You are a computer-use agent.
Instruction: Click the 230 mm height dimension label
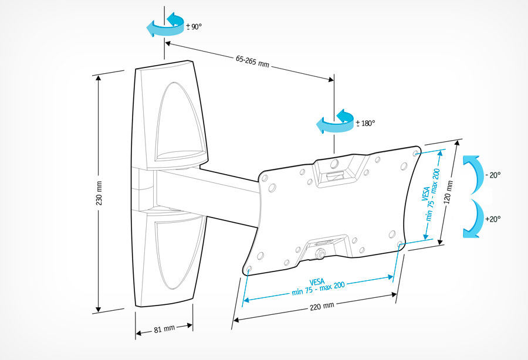[x=99, y=193]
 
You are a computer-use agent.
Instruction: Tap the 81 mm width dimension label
[x=164, y=329]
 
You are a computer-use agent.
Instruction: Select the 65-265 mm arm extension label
[x=252, y=61]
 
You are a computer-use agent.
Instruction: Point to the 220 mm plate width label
[x=322, y=307]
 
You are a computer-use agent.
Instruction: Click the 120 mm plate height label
[x=448, y=192]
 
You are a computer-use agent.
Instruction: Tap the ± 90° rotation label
[x=194, y=26]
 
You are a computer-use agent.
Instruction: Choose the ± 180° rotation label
[x=365, y=123]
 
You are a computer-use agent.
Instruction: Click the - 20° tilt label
[x=493, y=175]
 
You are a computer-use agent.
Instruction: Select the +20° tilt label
[x=493, y=219]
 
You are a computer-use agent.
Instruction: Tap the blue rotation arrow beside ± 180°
[x=335, y=121]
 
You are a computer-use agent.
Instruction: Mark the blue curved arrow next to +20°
[x=473, y=219]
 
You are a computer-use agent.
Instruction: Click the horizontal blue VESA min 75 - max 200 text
[x=318, y=287]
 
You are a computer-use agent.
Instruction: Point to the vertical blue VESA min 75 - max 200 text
[x=431, y=194]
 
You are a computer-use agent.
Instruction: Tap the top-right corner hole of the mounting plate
[x=415, y=153]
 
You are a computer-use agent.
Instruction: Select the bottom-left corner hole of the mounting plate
[x=249, y=269]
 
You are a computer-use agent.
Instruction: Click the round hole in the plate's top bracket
[x=334, y=164]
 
